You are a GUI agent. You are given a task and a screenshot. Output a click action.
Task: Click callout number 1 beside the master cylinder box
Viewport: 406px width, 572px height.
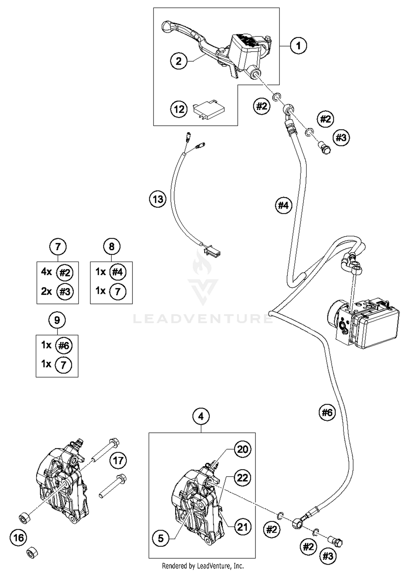[298, 46]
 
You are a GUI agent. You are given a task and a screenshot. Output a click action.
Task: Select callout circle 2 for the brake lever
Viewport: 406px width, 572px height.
[179, 61]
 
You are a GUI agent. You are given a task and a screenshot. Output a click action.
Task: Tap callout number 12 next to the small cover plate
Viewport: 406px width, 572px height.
[179, 109]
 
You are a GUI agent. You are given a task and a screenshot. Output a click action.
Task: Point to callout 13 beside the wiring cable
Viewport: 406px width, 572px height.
[158, 199]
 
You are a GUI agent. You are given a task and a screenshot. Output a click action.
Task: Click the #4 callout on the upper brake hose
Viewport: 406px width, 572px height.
[283, 205]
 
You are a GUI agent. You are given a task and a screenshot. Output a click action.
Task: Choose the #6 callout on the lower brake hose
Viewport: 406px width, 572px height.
[327, 413]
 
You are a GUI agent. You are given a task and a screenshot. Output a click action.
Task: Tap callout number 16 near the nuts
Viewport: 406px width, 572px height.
[18, 538]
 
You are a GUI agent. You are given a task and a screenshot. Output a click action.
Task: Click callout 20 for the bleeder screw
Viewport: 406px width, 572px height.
[242, 449]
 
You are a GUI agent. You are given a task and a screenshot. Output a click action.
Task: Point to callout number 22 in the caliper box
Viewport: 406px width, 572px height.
[242, 478]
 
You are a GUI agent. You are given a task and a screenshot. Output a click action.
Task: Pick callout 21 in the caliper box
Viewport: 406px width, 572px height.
[242, 527]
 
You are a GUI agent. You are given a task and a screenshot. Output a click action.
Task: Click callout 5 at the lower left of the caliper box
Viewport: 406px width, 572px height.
[161, 538]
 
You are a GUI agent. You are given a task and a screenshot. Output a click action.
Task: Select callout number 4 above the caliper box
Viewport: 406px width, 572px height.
[201, 416]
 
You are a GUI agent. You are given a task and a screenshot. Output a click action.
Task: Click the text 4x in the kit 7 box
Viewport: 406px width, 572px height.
[46, 272]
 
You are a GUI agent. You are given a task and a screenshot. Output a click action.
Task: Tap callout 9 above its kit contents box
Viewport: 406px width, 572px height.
[57, 320]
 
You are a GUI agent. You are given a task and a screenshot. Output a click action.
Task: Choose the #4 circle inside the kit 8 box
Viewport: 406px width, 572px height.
[118, 272]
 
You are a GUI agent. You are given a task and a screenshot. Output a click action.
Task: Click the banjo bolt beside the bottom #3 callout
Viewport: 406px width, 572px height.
[335, 542]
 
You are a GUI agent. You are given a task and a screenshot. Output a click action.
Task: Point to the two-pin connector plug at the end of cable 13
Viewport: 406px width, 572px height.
[213, 251]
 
